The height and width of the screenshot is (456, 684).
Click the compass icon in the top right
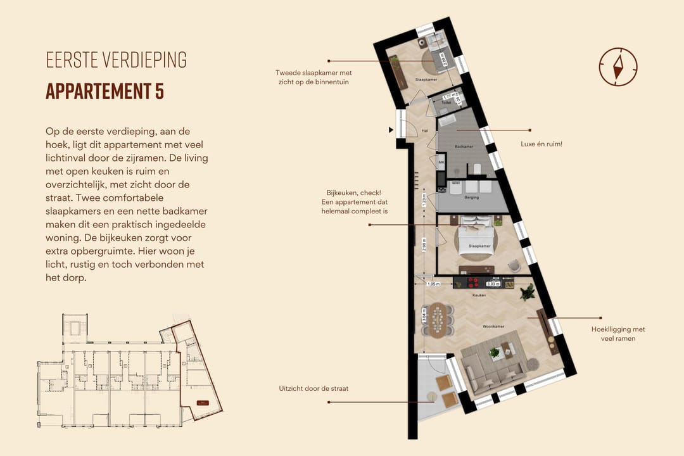tap(617, 66)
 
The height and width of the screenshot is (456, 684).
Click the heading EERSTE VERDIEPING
tap(117, 60)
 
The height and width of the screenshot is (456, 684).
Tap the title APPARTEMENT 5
tap(105, 91)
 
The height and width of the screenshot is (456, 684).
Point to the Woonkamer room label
tap(492, 327)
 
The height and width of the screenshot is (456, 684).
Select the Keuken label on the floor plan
tap(479, 295)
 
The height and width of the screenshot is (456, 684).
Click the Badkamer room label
tap(464, 146)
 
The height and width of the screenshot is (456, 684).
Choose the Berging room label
tap(471, 197)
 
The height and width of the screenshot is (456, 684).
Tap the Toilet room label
tap(446, 102)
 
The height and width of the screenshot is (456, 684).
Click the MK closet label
tap(441, 163)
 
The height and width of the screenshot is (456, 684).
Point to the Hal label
tap(425, 131)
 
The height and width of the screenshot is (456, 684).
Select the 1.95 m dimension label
tap(434, 284)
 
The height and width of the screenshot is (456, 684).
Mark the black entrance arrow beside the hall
tap(391, 130)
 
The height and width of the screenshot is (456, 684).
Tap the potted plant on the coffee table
tap(495, 352)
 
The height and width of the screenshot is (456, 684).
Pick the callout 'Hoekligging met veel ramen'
tap(617, 334)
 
